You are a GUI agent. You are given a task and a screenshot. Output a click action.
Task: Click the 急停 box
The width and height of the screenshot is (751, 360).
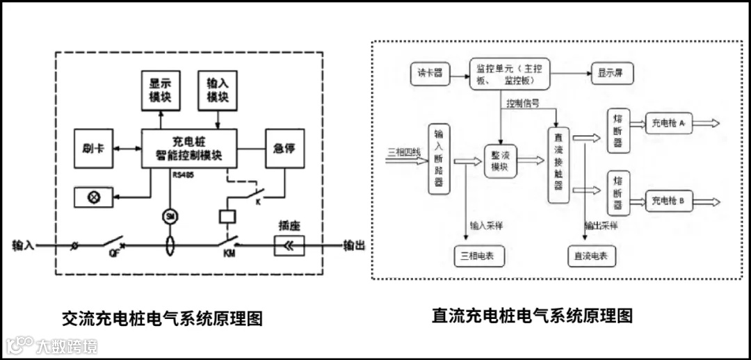tap(285, 148)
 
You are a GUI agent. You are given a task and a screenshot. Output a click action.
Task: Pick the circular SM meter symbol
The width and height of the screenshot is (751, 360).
tap(169, 216)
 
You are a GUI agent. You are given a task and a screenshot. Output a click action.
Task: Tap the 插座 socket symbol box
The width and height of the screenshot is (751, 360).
tap(289, 245)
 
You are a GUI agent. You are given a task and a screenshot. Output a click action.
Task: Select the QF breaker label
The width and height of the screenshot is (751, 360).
tap(113, 254)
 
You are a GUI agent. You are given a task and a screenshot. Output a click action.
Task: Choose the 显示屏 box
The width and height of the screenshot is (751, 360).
tap(612, 73)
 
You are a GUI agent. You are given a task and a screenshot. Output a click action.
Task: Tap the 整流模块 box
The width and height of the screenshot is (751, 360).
tap(500, 162)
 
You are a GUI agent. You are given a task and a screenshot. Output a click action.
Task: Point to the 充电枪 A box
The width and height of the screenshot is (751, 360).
tap(668, 124)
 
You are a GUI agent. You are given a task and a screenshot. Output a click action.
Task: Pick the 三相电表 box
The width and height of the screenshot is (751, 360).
tap(473, 256)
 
